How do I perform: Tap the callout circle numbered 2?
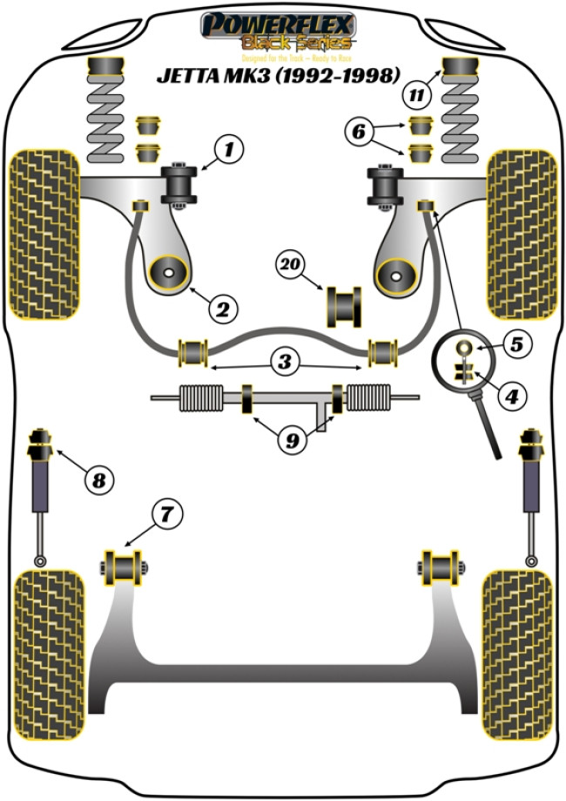[x=222, y=308]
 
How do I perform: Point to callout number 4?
[x=511, y=396]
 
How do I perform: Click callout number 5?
[x=516, y=344]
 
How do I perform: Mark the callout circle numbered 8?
[x=99, y=478]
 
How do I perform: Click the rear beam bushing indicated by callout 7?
[x=124, y=568]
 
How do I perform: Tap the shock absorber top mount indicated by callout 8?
[x=39, y=445]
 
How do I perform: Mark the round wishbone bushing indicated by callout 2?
[x=168, y=275]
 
